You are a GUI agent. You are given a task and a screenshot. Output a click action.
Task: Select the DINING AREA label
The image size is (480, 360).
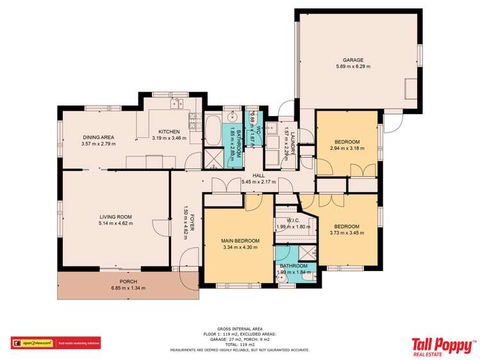tap(98, 137)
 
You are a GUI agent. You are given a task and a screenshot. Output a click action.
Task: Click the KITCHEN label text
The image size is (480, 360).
tap(170, 131)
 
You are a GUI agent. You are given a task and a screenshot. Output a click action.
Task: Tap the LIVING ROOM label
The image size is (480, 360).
tap(115, 217)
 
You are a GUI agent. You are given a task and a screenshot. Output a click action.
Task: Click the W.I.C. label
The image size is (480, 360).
tap(293, 220)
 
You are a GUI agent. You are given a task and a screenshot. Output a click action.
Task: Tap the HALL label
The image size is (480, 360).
tap(258, 175)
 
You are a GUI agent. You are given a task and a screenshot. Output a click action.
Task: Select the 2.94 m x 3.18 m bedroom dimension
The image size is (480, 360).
tap(347, 148)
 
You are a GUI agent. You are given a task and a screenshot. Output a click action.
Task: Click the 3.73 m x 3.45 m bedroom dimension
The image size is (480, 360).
tap(346, 233)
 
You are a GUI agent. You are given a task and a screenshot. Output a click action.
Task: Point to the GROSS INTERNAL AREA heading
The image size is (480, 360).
tap(240, 327)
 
